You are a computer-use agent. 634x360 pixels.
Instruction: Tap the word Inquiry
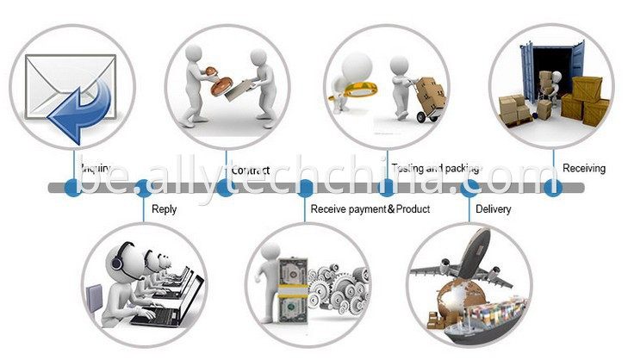tap(96, 168)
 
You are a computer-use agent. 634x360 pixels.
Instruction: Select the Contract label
tap(251, 170)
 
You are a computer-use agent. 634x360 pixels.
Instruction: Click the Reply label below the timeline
tap(164, 209)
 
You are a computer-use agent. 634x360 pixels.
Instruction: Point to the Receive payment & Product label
tap(370, 209)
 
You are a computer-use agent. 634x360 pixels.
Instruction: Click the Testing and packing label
tap(435, 168)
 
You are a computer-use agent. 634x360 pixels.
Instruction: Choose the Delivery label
tap(493, 209)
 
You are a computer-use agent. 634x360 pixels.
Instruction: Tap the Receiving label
tap(584, 168)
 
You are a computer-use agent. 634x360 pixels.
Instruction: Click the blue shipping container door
tap(528, 73)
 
